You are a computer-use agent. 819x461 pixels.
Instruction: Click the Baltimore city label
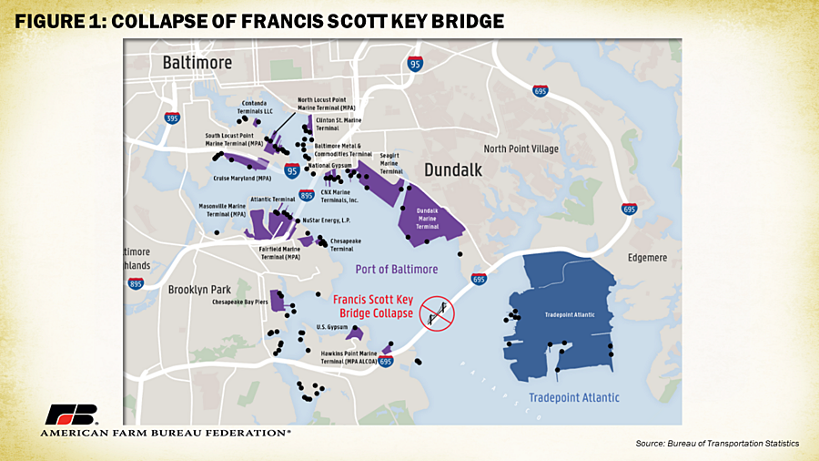tap(197, 63)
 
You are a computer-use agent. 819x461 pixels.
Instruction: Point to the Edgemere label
tap(647, 258)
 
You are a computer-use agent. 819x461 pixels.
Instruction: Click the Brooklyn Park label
tap(200, 290)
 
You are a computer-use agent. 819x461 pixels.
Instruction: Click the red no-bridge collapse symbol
tap(436, 313)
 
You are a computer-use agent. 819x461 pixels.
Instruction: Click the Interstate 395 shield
tap(172, 118)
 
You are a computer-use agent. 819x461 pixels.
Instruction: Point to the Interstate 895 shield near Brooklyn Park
tap(136, 283)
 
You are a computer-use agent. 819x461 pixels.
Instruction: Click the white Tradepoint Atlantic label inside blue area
tap(569, 315)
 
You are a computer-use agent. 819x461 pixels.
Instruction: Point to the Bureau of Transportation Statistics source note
tap(717, 443)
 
